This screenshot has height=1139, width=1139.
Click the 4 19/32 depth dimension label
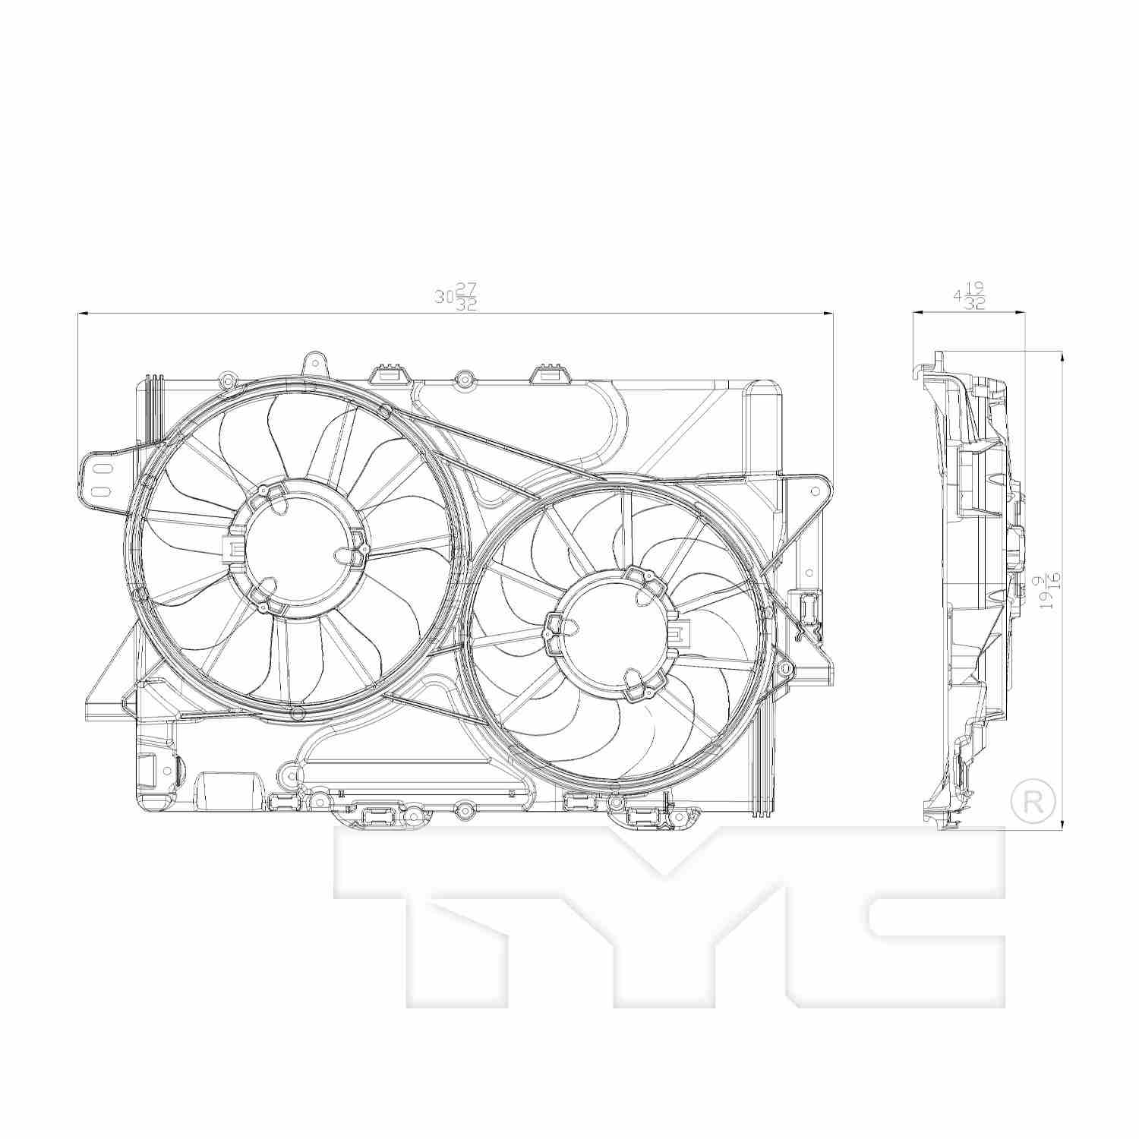(x=969, y=296)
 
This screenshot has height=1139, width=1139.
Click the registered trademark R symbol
(x=1033, y=800)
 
